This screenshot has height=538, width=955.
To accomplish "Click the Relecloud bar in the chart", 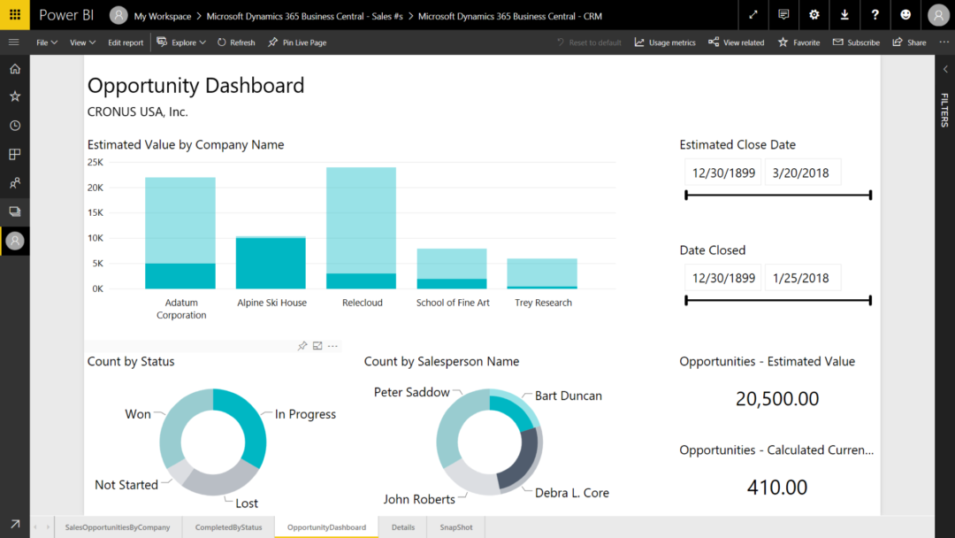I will pyautogui.click(x=361, y=227).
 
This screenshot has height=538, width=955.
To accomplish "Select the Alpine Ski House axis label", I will pyautogui.click(x=271, y=303).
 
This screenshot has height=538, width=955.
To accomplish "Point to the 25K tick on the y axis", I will pyautogui.click(x=95, y=163).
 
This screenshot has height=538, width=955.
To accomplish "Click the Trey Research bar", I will pyautogui.click(x=542, y=273).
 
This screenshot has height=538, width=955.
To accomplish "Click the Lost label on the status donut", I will pyautogui.click(x=247, y=503).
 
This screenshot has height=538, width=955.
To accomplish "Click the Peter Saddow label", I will pyautogui.click(x=411, y=392).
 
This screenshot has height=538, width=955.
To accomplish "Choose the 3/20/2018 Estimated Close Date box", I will pyautogui.click(x=802, y=173).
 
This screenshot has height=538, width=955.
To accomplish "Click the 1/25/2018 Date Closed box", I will pyautogui.click(x=802, y=278).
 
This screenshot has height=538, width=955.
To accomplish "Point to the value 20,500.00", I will pyautogui.click(x=776, y=399).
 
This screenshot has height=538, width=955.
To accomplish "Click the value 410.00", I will pyautogui.click(x=776, y=488).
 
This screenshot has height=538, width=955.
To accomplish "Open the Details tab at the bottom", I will pyautogui.click(x=402, y=527).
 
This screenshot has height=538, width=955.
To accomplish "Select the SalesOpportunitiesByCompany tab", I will pyautogui.click(x=118, y=527).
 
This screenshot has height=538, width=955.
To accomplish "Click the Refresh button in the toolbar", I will pyautogui.click(x=236, y=42).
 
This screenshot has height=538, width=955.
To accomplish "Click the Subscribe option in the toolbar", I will pyautogui.click(x=856, y=42).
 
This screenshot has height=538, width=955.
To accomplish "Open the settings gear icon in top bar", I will pyautogui.click(x=814, y=15).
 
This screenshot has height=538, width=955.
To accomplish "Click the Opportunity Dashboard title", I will pyautogui.click(x=195, y=85).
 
